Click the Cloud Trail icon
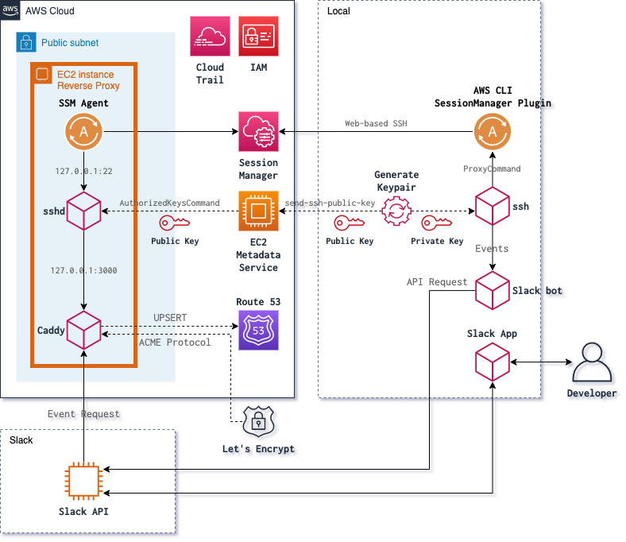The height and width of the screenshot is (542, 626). click(211, 37)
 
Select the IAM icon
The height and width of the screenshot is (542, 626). click(259, 37)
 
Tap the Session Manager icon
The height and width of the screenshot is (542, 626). click(258, 133)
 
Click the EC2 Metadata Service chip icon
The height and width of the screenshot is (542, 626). click(258, 211)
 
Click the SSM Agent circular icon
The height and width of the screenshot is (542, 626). click(83, 133)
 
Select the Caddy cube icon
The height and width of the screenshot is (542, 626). click(83, 329)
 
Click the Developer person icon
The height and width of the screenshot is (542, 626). click(593, 364)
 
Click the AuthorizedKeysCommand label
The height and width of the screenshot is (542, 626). click(169, 203)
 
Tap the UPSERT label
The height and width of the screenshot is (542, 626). click(170, 317)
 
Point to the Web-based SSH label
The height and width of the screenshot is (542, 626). click(374, 124)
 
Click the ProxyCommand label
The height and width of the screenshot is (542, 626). click(492, 168)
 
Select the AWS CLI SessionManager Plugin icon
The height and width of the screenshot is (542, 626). click(492, 133)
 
